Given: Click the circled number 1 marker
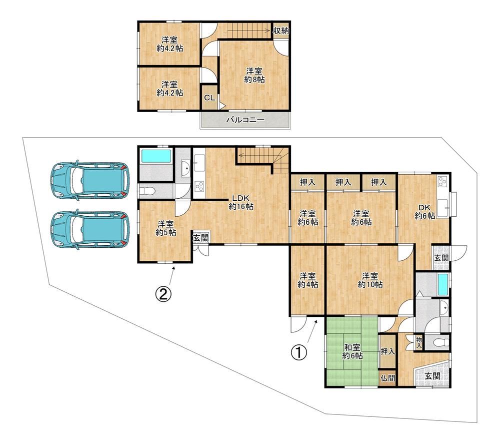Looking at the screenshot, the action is (x=299, y=353).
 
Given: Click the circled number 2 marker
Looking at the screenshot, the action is (x=163, y=294).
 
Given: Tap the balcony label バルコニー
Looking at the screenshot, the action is (x=245, y=120).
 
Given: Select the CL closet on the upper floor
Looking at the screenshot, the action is (x=209, y=98).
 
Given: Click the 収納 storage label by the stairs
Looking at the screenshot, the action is (x=281, y=31).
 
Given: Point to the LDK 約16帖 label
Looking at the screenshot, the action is (x=241, y=202).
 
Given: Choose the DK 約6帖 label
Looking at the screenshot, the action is (x=424, y=212).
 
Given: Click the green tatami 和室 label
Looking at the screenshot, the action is (x=352, y=351).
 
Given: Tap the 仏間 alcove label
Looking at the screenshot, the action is (x=388, y=378).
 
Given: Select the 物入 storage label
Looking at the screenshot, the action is (x=419, y=343).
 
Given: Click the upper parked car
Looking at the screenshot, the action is (x=89, y=181).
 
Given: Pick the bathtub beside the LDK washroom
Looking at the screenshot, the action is (x=156, y=157).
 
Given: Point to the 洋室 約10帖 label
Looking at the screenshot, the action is (x=370, y=280).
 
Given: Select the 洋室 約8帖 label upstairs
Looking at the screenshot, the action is (x=254, y=75).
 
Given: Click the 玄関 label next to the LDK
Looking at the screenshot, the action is (x=201, y=238).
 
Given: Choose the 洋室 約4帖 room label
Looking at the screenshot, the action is (x=307, y=280).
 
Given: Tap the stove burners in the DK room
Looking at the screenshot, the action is (x=441, y=182).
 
